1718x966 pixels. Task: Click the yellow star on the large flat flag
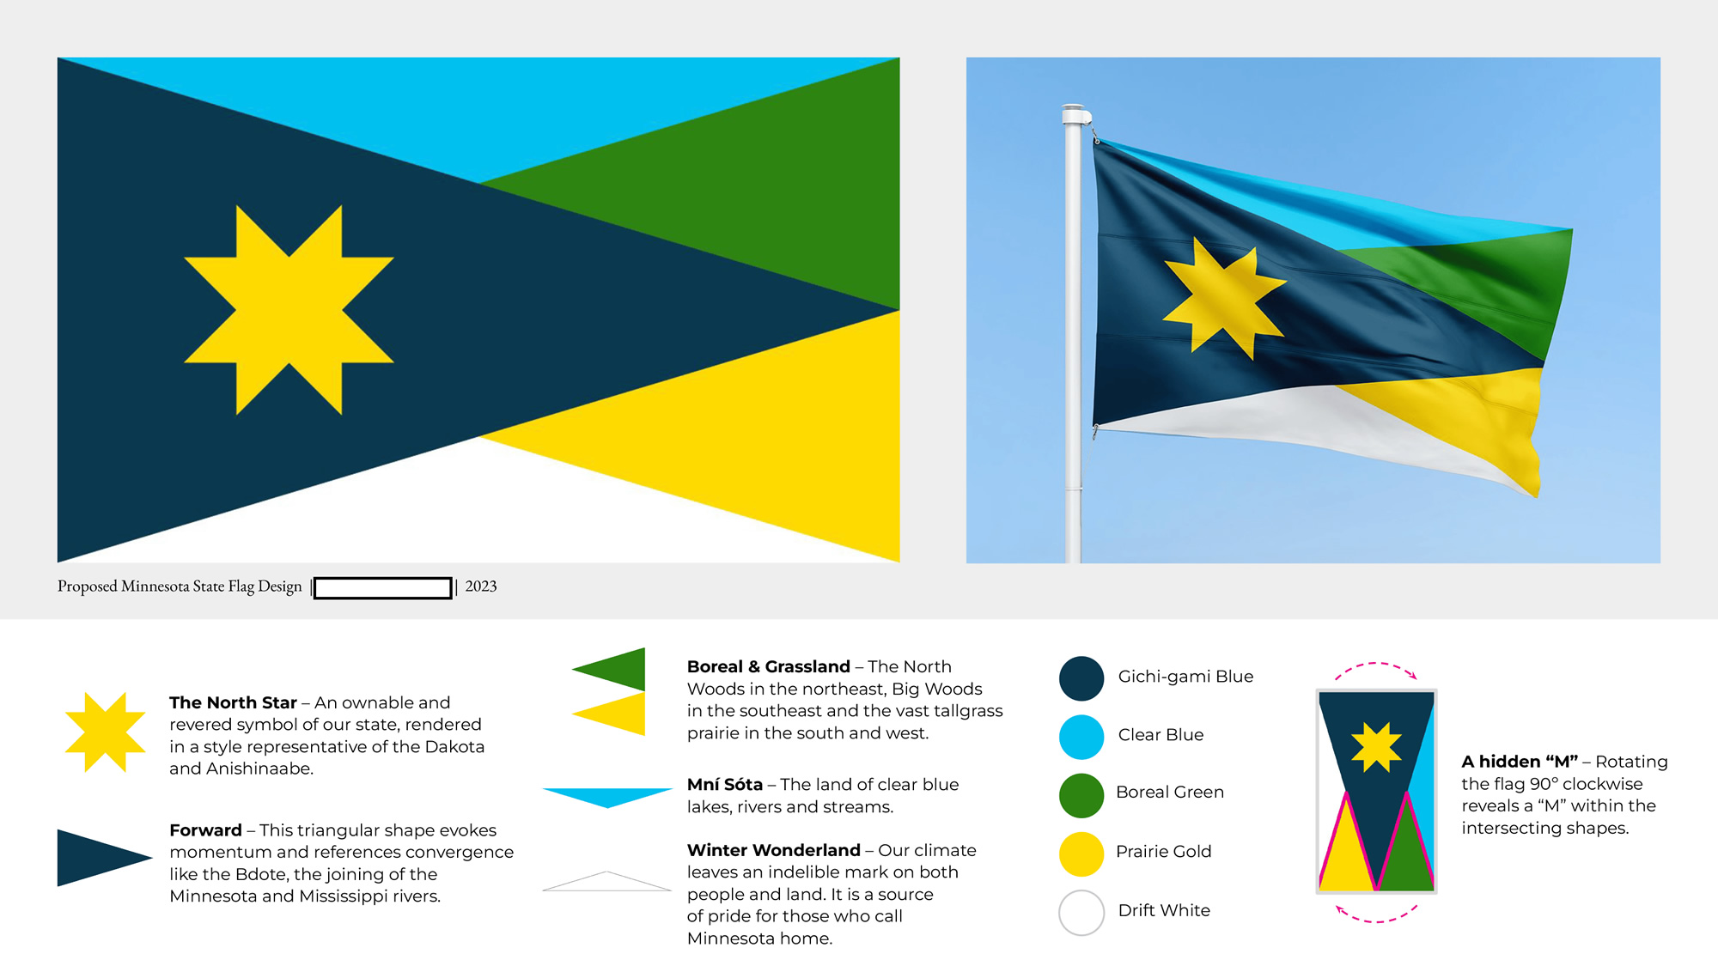pos(289,310)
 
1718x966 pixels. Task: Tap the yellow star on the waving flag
pos(1224,298)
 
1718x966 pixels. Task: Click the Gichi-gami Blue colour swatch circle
pos(1081,678)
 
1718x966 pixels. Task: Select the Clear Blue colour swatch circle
pos(1081,737)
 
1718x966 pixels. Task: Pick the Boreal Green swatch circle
pos(1081,795)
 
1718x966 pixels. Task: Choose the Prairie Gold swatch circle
pos(1081,854)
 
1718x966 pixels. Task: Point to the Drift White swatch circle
pos(1081,912)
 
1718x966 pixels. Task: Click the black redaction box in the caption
pos(383,587)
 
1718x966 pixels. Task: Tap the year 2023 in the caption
pos(481,586)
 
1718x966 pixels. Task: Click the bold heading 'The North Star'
pos(233,702)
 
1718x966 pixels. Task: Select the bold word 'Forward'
pos(205,830)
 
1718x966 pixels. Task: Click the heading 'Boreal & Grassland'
pos(768,666)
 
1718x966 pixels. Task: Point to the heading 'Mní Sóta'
pos(724,784)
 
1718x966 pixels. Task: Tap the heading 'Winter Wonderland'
pos(773,850)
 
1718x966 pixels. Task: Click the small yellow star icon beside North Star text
pos(106,732)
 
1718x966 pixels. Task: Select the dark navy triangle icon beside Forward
pos(105,857)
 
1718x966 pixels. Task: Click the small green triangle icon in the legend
pos(609,670)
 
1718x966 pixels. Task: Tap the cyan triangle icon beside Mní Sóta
pos(607,798)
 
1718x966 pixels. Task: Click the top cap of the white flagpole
pos(1075,114)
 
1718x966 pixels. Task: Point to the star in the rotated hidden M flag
pos(1376,747)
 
